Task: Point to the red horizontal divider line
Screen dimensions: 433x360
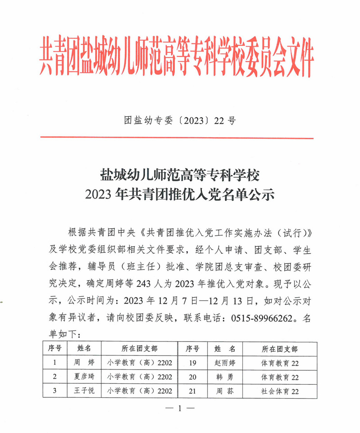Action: coord(177,138)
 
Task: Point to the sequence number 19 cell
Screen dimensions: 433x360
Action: coord(193,362)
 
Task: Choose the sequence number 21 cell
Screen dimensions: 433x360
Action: coord(193,391)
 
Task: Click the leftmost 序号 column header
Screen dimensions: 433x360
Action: coord(55,349)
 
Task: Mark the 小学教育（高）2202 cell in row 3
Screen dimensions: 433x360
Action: coord(140,391)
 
